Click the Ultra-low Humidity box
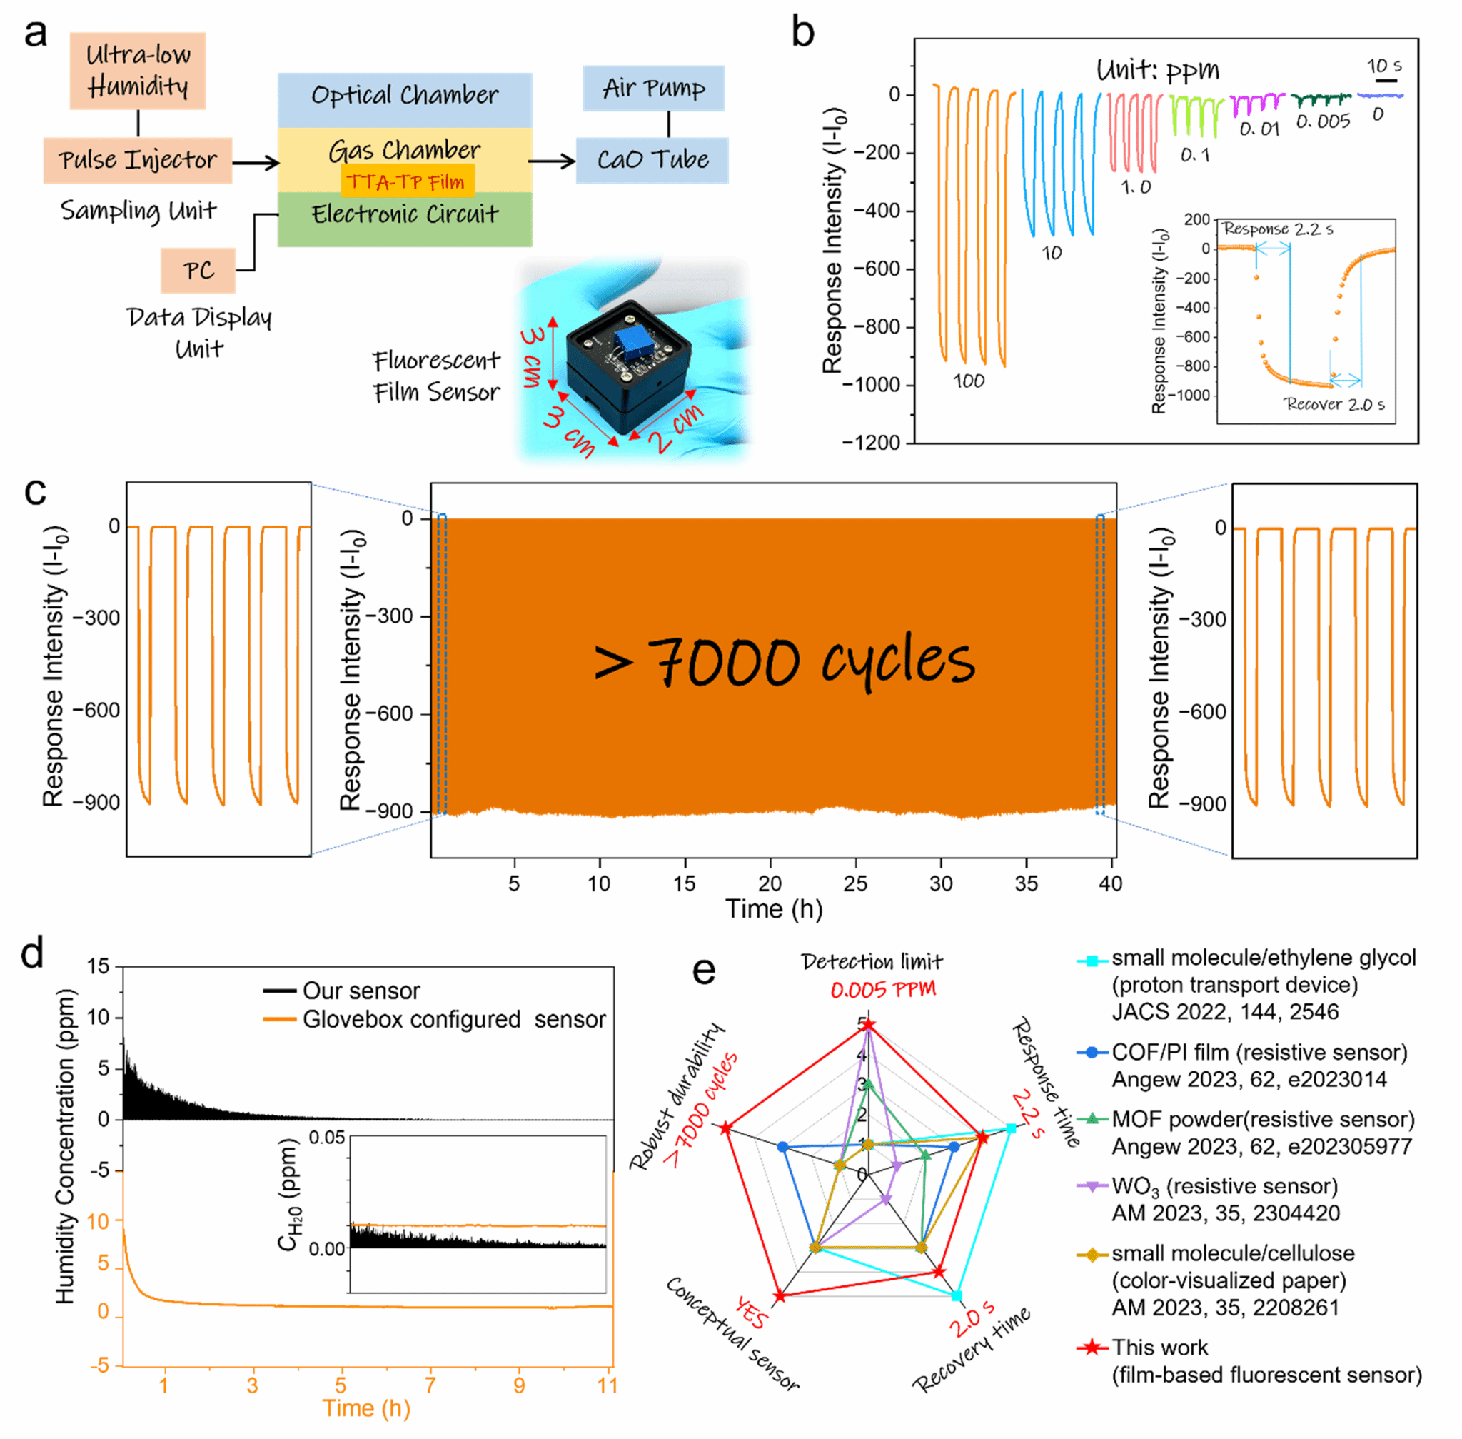(x=138, y=70)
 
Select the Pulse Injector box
(x=138, y=160)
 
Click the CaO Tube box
(x=652, y=160)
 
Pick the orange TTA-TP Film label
(x=407, y=182)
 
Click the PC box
(x=198, y=271)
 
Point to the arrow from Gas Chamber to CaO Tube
(x=552, y=161)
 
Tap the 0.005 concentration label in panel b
(x=1322, y=122)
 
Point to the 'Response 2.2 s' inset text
(x=1278, y=229)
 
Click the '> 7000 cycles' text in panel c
(x=785, y=661)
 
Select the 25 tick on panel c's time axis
(x=855, y=883)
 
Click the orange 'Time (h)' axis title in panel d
(x=366, y=1408)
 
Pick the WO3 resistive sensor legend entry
(x=1224, y=1187)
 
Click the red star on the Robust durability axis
(x=726, y=1128)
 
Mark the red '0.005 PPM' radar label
(x=882, y=989)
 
